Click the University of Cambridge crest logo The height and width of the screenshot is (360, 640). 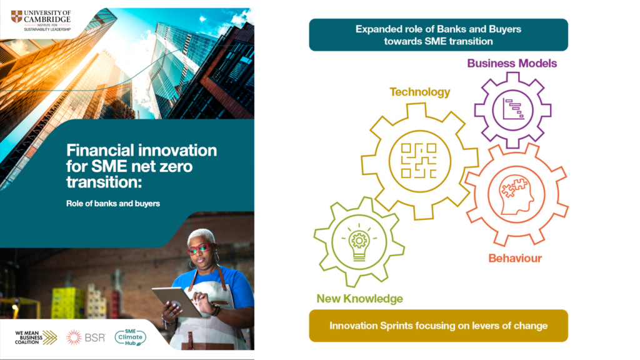point(16,16)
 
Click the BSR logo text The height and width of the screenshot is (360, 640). point(97,337)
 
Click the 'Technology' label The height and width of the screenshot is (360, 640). point(419,92)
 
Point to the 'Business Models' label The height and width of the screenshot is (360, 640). point(512,63)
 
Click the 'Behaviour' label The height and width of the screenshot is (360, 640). point(515,257)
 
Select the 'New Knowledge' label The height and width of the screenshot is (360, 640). point(359,299)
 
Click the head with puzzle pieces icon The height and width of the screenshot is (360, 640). point(516,194)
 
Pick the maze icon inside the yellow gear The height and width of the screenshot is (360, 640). point(419,160)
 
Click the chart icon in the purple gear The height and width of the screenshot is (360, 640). point(512,109)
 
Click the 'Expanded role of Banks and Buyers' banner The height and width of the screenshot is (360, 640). point(438,35)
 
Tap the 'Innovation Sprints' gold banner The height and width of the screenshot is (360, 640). point(438,326)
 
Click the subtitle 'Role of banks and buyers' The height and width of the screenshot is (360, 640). point(113,203)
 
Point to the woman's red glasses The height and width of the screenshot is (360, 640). point(199,249)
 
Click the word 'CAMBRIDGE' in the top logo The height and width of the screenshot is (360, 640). point(48,19)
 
